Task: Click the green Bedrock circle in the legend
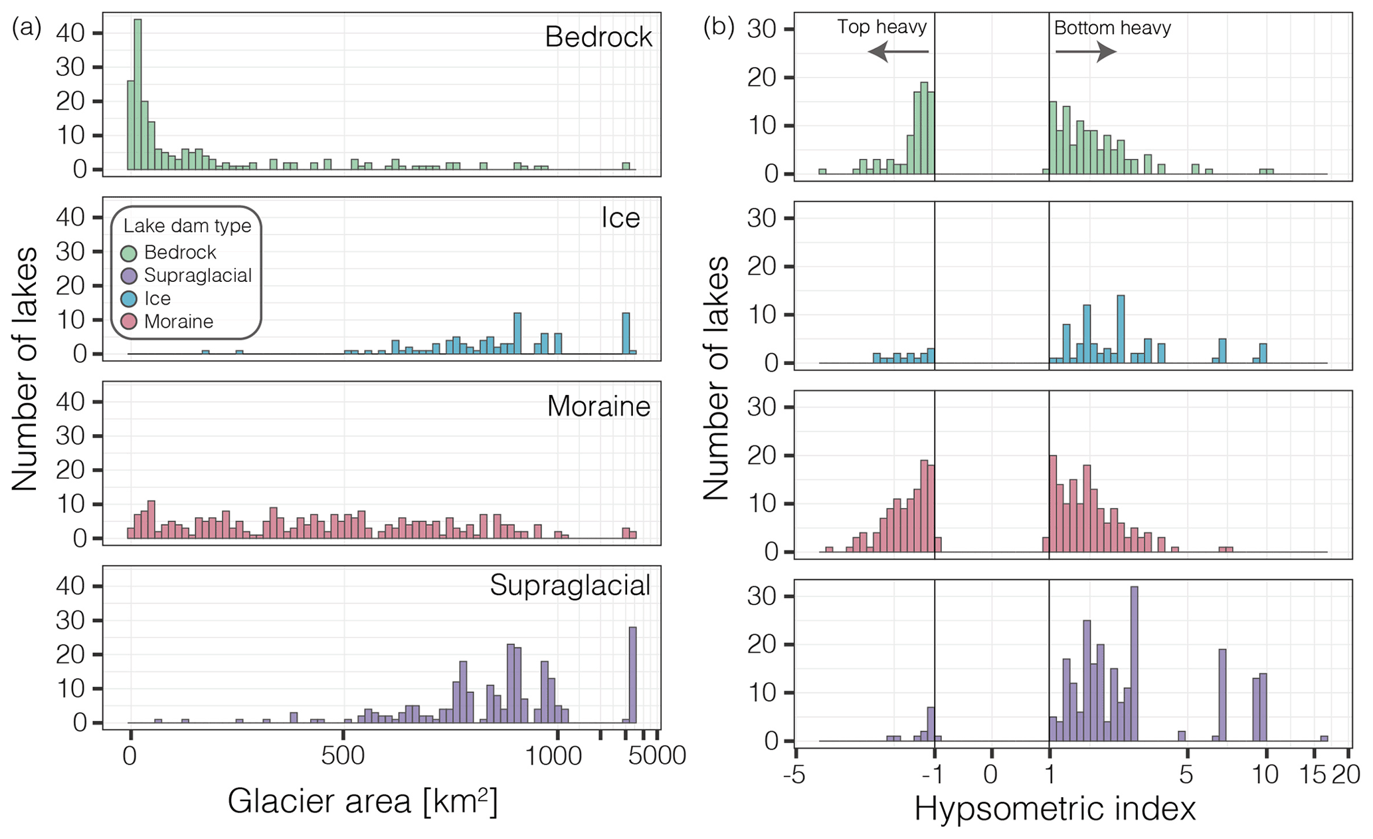click(129, 253)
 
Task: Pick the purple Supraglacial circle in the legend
click(129, 275)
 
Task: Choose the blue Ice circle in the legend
click(129, 299)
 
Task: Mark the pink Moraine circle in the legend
click(129, 322)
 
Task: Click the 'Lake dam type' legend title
click(187, 225)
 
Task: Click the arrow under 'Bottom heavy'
click(1085, 51)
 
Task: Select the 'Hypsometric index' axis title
click(1055, 809)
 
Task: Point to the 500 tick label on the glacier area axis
click(343, 756)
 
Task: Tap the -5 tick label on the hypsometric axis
click(795, 775)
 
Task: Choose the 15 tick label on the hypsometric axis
click(1313, 775)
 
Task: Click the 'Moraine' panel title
click(598, 406)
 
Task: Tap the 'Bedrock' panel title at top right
click(598, 37)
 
